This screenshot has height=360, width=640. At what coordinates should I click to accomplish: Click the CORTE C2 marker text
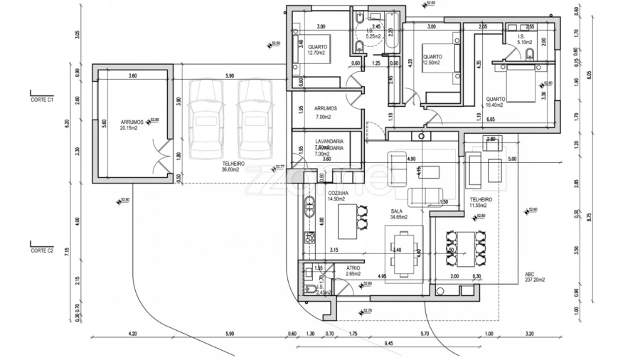click(x=43, y=250)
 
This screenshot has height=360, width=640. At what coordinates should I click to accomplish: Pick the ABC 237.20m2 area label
click(x=535, y=277)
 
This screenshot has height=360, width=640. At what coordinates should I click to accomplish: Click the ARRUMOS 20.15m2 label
click(x=132, y=125)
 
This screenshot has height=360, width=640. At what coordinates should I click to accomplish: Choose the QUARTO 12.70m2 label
click(x=317, y=50)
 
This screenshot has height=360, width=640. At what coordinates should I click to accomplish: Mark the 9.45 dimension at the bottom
click(x=388, y=344)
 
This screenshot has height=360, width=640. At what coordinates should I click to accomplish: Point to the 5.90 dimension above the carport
click(x=228, y=76)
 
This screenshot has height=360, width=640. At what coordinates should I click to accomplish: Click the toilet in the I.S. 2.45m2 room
click(x=311, y=287)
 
